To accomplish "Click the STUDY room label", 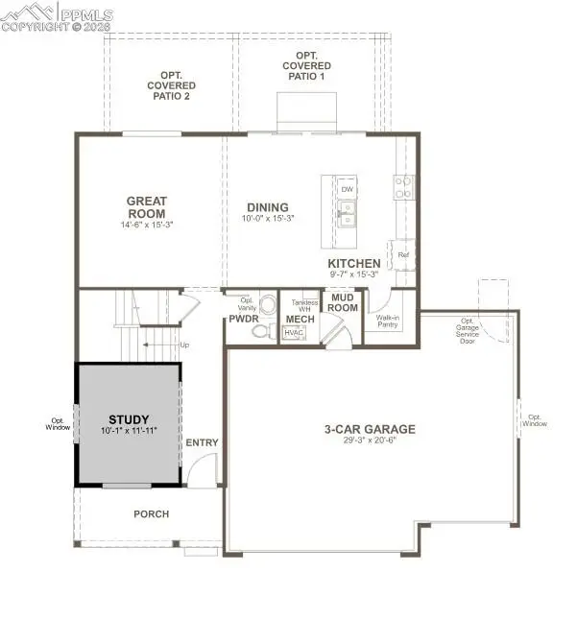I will click(x=129, y=419).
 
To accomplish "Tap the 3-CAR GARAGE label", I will click(x=369, y=430).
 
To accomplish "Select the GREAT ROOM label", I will click(x=147, y=206).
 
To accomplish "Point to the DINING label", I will click(x=267, y=206).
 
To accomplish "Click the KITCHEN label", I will click(x=354, y=263).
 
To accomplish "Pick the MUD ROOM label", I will click(x=344, y=302).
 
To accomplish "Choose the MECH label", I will click(x=295, y=319).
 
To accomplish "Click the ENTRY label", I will click(x=203, y=442).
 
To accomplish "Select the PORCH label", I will click(x=151, y=514).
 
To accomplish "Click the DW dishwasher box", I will click(x=348, y=189).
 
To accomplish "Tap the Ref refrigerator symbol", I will click(x=404, y=254).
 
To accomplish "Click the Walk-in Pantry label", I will click(x=388, y=321).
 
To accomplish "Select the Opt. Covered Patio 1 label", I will click(x=307, y=66).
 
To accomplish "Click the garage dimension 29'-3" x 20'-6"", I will click(x=369, y=442).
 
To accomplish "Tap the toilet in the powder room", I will click(x=259, y=331).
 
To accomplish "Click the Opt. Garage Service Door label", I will click(x=468, y=331).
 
